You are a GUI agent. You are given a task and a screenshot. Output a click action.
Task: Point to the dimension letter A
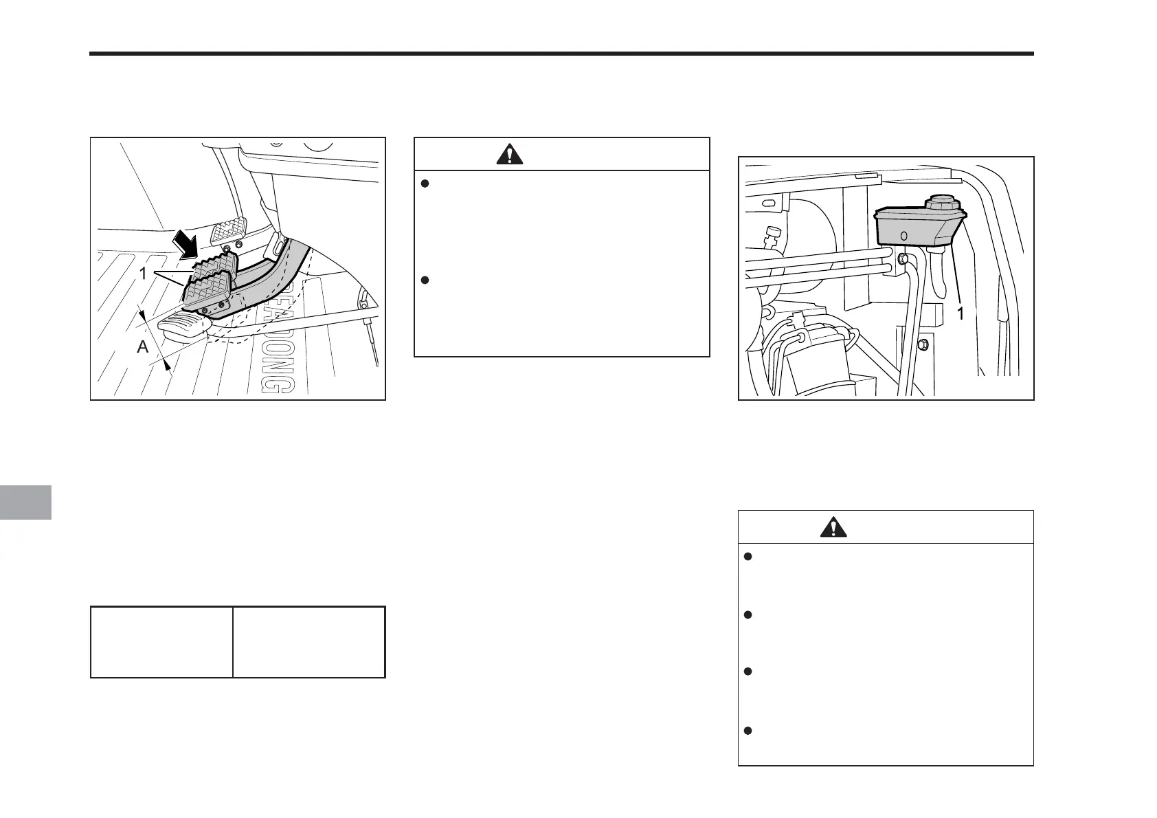tap(143, 347)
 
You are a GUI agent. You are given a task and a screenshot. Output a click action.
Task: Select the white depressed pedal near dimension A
tap(182, 325)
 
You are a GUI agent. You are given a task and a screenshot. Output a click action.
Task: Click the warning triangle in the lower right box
tap(833, 527)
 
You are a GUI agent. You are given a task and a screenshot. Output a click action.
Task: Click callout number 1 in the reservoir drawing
tap(961, 313)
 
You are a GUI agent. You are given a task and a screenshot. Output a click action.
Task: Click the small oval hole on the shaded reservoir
tap(903, 236)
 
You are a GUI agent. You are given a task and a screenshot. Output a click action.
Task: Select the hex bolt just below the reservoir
tap(904, 260)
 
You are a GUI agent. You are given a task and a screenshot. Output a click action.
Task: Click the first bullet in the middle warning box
tap(425, 184)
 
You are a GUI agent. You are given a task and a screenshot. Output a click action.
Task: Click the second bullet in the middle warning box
tap(425, 280)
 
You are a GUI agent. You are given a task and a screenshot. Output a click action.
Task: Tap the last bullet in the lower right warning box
tap(748, 730)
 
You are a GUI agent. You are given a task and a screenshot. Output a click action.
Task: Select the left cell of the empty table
tap(161, 642)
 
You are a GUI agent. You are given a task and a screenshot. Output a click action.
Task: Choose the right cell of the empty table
tap(309, 642)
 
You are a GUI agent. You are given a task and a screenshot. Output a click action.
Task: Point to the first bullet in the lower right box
tap(748, 557)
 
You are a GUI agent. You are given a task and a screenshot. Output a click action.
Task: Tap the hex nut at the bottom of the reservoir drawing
tap(923, 343)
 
